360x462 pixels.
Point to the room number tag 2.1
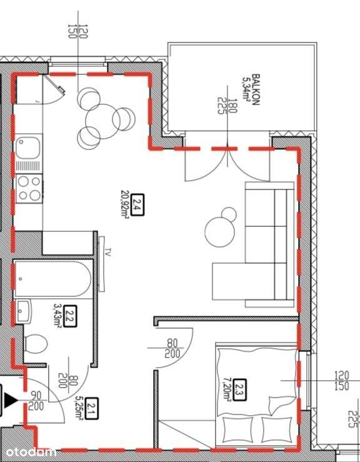click(x=92, y=408)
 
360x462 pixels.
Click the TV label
click(x=107, y=254)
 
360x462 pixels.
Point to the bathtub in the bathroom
click(x=52, y=280)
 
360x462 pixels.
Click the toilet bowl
click(x=37, y=345)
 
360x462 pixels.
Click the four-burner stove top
click(x=28, y=188)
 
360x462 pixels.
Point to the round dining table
click(x=101, y=119)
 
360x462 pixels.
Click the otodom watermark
click(x=30, y=451)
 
